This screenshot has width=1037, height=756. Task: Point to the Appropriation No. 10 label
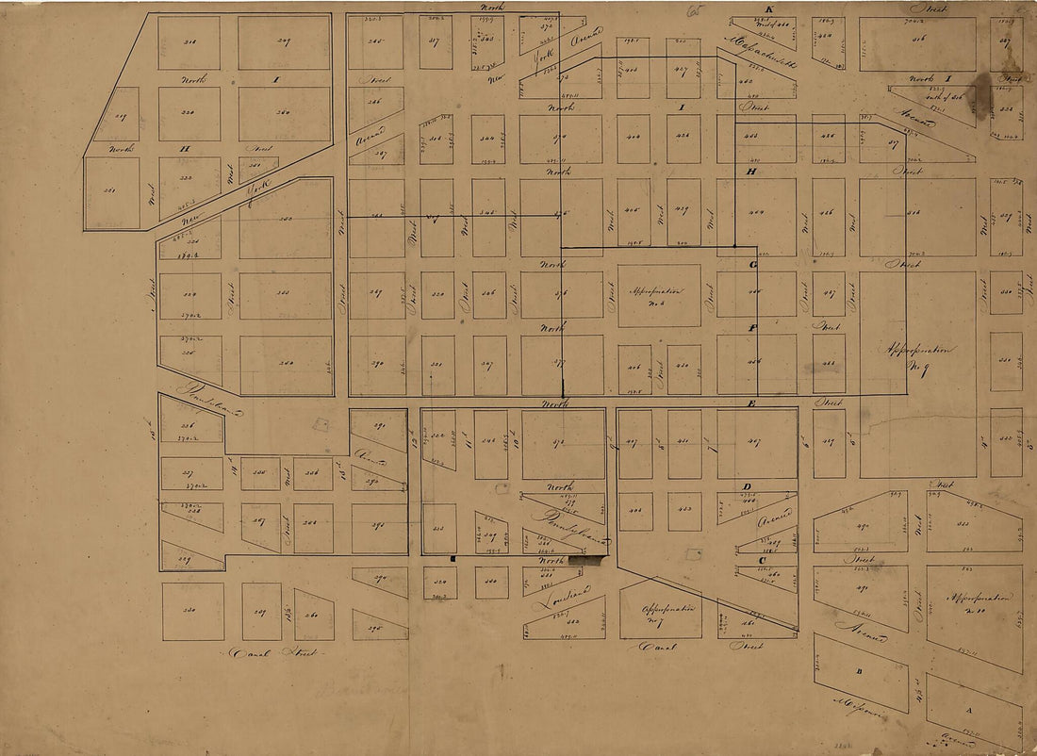[975, 604]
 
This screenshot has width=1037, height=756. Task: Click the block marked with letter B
[859, 671]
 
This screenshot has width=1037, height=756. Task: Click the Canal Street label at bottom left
[272, 652]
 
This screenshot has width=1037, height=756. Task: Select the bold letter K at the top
[768, 10]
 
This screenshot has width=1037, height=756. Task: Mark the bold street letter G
[753, 265]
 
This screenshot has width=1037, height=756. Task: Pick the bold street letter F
[752, 328]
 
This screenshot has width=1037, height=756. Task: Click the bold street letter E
[752, 403]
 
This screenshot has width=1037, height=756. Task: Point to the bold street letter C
[762, 560]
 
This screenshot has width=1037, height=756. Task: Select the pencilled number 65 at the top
[697, 11]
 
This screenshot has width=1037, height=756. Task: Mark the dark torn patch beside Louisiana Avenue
[586, 561]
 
